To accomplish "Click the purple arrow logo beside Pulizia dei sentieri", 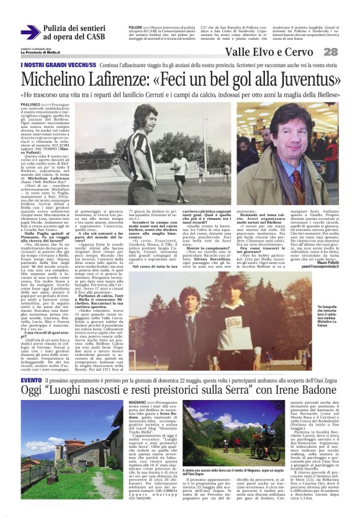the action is pyautogui.click(x=30, y=32).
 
